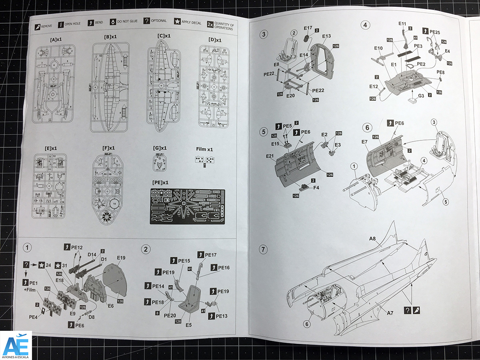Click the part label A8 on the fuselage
[373, 240]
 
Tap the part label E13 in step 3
[326, 36]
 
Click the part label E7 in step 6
[364, 142]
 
